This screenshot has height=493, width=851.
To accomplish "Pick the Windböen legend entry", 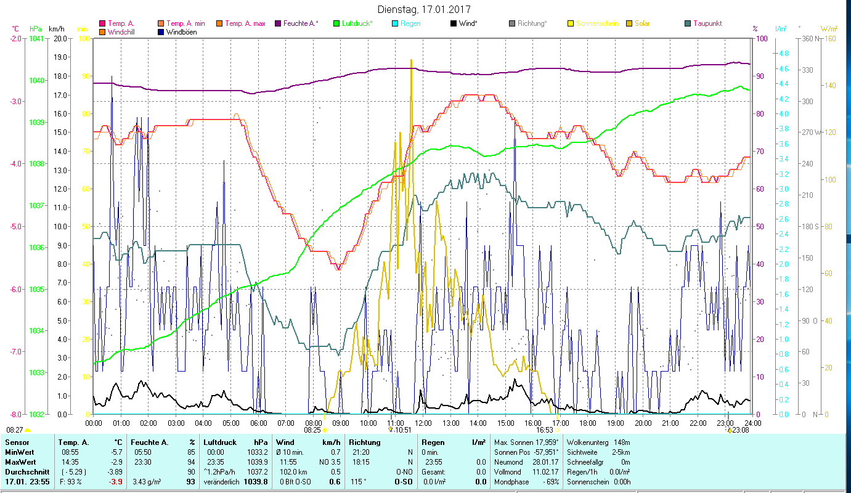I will coord(181,32).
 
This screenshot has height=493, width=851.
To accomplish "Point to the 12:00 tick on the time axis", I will coord(423,423).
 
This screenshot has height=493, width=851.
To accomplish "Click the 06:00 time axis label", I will coord(259,423).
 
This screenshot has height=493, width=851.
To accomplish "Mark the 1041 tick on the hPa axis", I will coord(36,38).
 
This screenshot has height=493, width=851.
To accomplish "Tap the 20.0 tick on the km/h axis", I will coord(60,38).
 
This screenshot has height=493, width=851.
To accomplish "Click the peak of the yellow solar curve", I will coord(411,60).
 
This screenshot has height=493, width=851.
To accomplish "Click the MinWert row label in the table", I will coord(19,452).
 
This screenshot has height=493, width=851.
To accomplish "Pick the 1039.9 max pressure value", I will coord(257,462).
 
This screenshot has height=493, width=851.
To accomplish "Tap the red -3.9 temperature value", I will coord(115,481).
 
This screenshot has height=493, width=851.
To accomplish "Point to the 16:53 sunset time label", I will coord(545,430).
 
